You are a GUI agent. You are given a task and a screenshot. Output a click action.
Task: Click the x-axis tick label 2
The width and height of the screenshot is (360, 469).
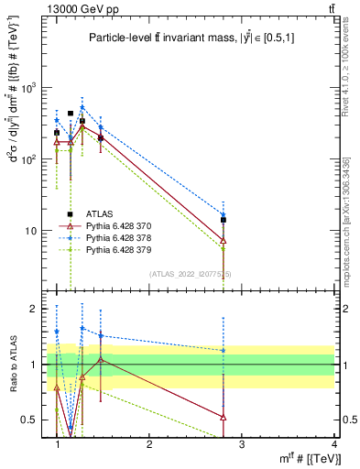pyautogui.click(x=149, y=444)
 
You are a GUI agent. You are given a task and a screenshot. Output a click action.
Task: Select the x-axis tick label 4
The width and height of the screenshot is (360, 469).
pyautogui.click(x=333, y=444)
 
